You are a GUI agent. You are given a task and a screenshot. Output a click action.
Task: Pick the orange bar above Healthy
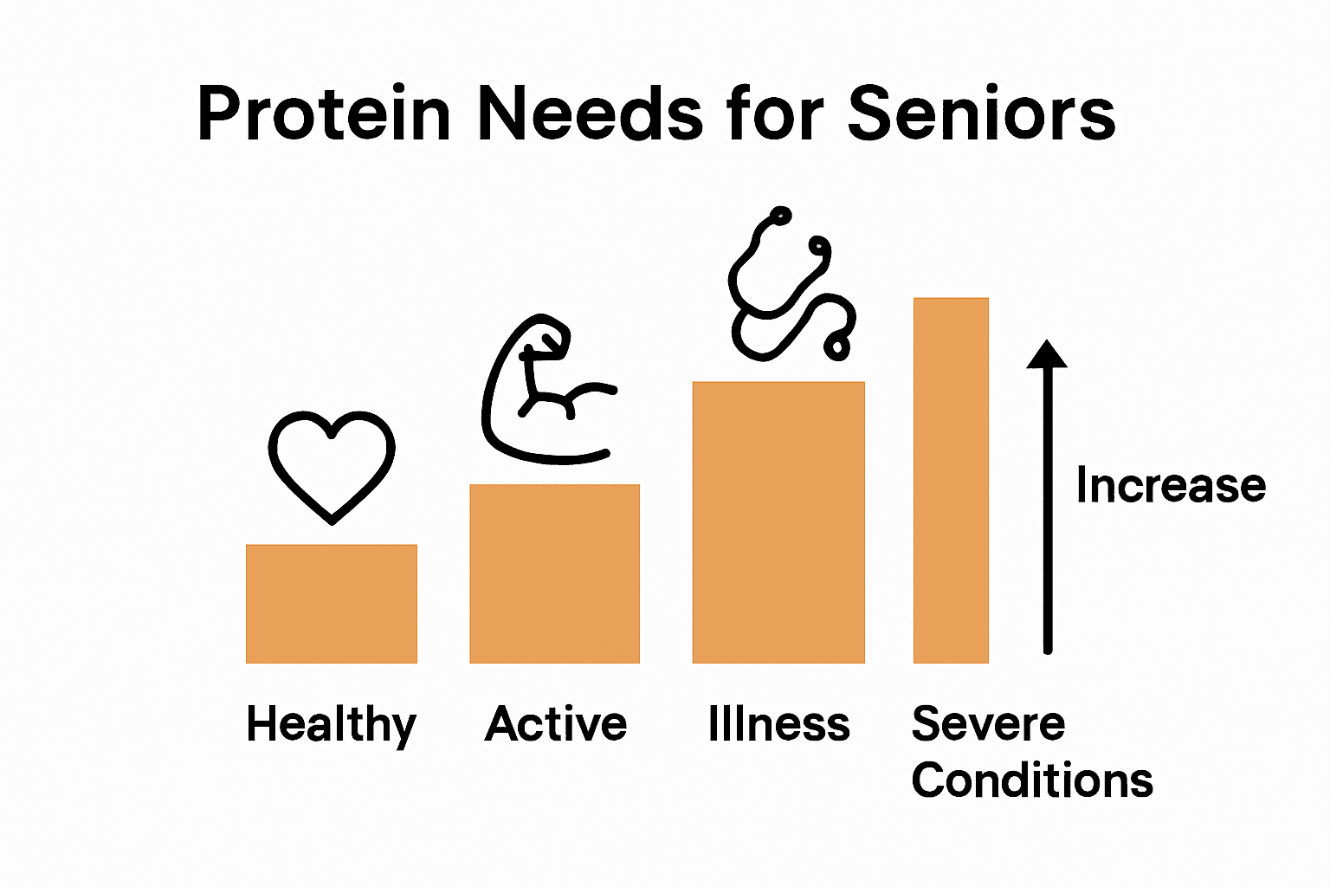point(332,604)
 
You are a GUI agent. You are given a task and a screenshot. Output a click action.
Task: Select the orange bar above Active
point(554,573)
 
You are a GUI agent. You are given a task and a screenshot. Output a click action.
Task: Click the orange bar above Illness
point(778,522)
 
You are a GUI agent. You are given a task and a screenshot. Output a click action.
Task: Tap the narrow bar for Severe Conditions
point(951,481)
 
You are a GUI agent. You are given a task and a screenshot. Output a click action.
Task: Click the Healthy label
point(332,724)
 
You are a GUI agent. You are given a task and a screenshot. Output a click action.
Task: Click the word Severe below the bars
point(988,723)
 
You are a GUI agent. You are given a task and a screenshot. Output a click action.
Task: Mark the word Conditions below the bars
point(1032,780)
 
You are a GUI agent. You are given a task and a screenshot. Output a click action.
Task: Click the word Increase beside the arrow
point(1171,485)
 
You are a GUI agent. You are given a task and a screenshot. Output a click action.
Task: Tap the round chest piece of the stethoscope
point(838,347)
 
